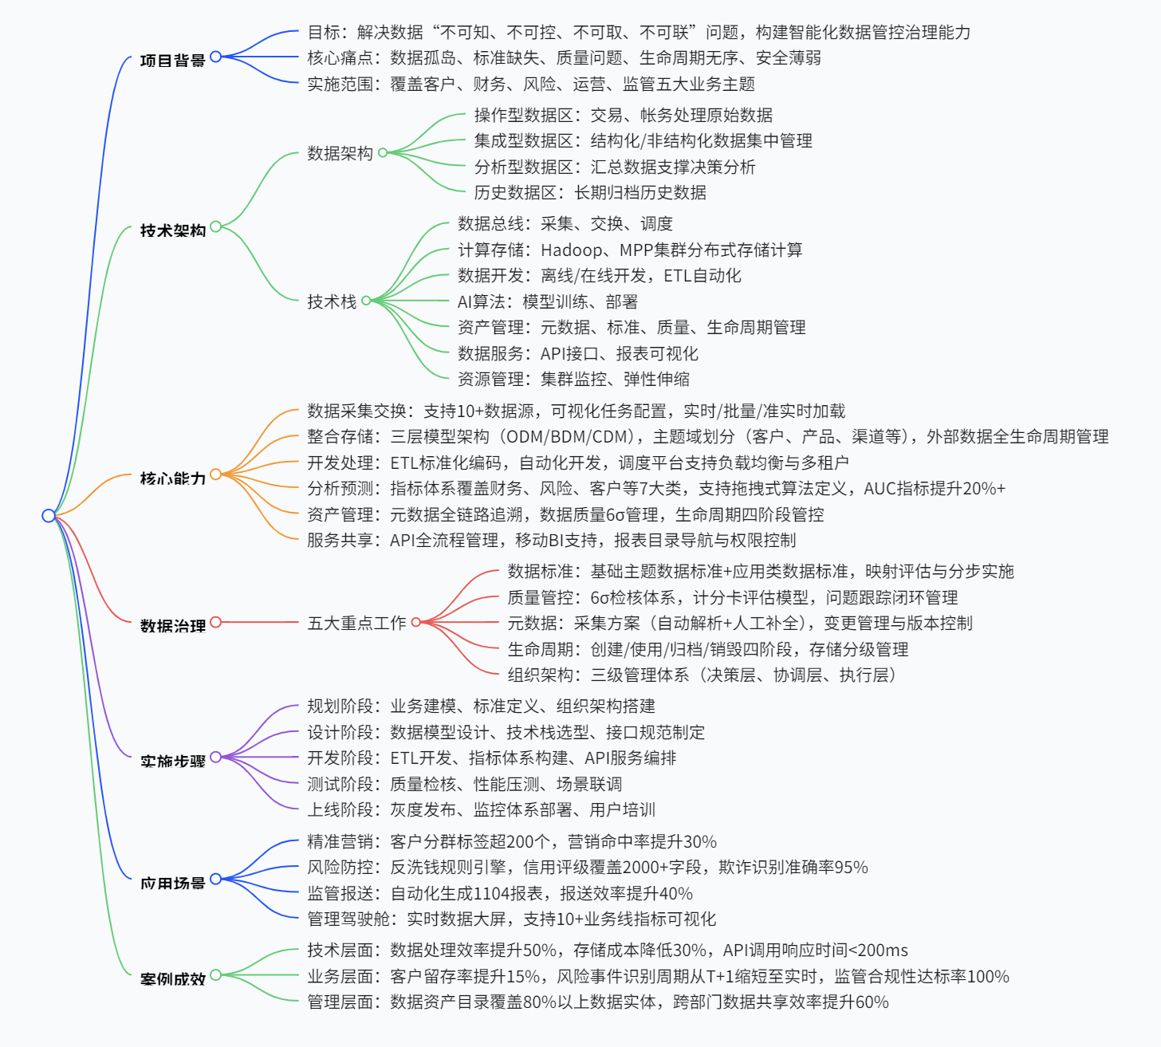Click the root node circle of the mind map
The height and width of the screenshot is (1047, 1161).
coord(49,516)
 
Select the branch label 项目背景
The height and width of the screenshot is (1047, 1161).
coord(172,61)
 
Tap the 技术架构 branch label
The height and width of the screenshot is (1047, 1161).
coord(172,230)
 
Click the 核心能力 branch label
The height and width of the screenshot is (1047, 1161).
coord(172,478)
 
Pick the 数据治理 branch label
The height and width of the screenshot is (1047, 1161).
coord(172,626)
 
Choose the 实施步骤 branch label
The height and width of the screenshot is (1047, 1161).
coord(172,762)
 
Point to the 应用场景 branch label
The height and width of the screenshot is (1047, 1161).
coord(172,883)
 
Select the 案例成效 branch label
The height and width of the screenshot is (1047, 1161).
coord(172,978)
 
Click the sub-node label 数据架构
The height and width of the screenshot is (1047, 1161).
coord(340,153)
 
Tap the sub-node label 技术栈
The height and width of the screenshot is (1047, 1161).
coord(332,301)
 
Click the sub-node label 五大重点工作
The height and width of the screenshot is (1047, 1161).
coord(356,623)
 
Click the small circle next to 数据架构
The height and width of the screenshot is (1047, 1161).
coord(383,152)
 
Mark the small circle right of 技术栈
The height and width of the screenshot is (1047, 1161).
coord(366,301)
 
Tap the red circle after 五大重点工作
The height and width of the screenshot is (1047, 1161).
coord(415,622)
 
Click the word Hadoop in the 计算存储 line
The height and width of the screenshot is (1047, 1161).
coord(571,250)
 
